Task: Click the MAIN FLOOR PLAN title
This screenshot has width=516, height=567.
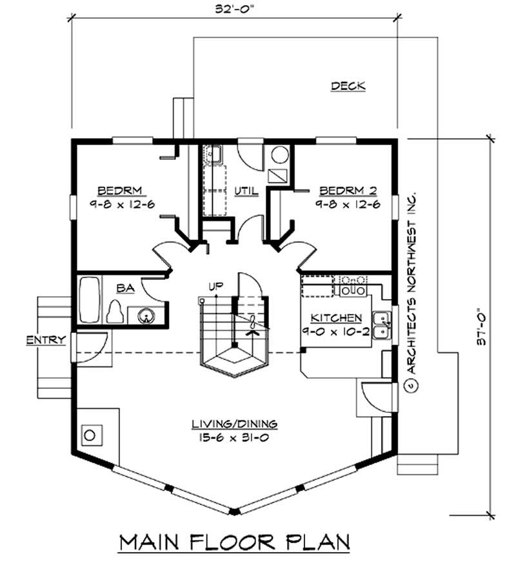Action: click(x=234, y=542)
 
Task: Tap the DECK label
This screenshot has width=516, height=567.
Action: click(x=348, y=86)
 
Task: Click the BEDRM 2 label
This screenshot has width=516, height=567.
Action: click(x=348, y=190)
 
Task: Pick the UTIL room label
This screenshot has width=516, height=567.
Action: click(x=246, y=191)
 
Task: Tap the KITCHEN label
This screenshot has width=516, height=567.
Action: click(x=336, y=318)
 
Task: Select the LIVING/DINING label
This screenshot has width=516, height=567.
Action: click(x=234, y=424)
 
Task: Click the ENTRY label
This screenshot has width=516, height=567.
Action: click(x=45, y=340)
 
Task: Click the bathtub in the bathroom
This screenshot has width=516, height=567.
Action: click(x=90, y=301)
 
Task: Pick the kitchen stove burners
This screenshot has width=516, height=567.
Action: click(x=352, y=286)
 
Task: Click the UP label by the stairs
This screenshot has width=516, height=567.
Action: click(x=215, y=286)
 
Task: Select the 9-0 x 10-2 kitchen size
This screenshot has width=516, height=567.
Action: click(x=336, y=331)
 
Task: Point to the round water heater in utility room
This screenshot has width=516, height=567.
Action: click(x=279, y=155)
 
